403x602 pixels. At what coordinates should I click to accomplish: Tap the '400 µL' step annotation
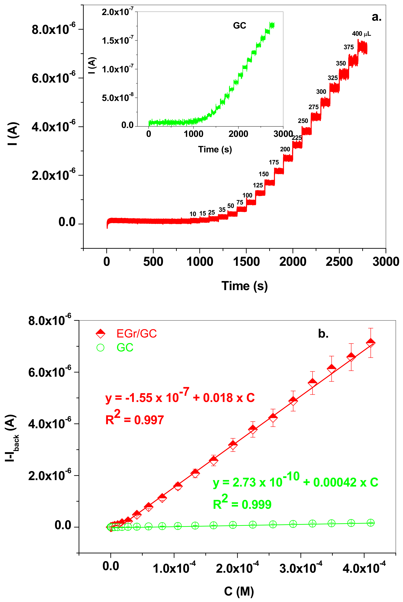pyautogui.click(x=361, y=34)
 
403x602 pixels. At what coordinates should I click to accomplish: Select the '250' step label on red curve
pyautogui.click(x=303, y=121)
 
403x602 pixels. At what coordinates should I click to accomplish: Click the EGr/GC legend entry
pyautogui.click(x=126, y=334)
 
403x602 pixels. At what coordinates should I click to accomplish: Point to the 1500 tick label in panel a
pyautogui.click(x=246, y=262)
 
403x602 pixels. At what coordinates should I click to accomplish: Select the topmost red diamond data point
pyautogui.click(x=370, y=343)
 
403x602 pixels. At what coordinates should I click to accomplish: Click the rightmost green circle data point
pyautogui.click(x=370, y=523)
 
